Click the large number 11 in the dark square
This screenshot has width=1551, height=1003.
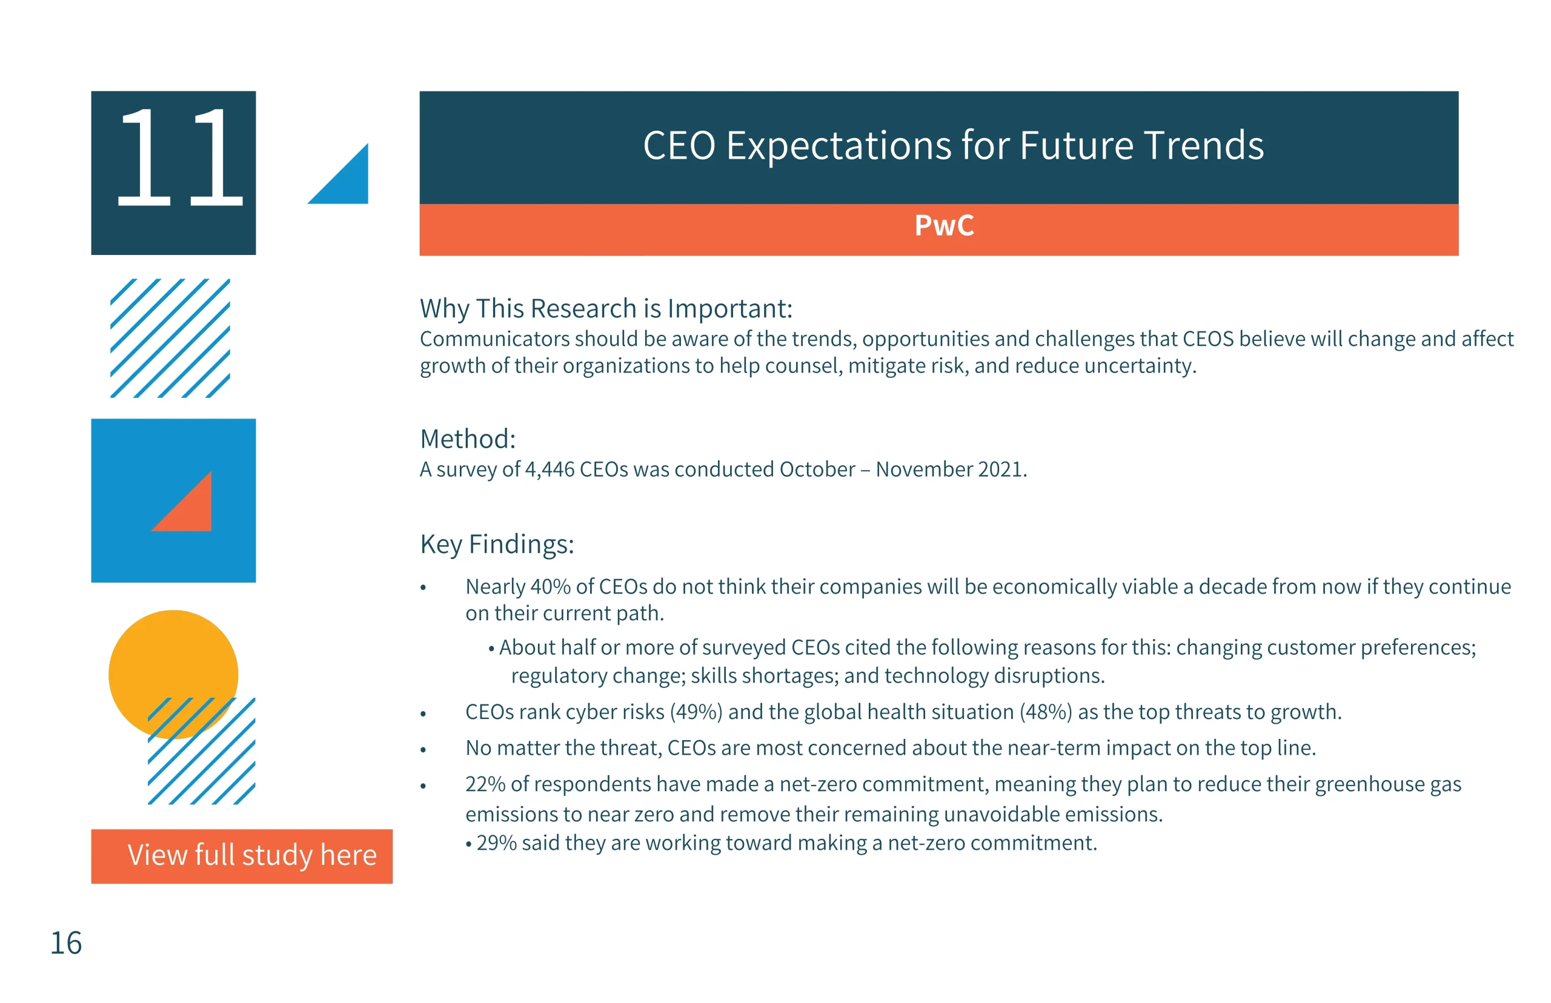[x=179, y=157]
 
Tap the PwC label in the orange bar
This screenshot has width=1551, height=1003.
[x=944, y=225]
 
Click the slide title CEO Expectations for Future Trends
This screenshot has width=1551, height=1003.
[x=953, y=145]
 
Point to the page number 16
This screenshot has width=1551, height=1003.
[x=67, y=943]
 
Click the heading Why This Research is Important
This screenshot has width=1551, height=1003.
[x=606, y=309]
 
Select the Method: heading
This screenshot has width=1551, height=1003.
[x=468, y=439]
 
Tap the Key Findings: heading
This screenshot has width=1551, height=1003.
[x=497, y=545]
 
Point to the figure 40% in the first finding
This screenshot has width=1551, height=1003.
[x=551, y=587]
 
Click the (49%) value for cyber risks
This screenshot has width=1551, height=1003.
[x=696, y=712]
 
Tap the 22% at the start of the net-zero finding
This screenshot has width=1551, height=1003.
[x=485, y=784]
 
